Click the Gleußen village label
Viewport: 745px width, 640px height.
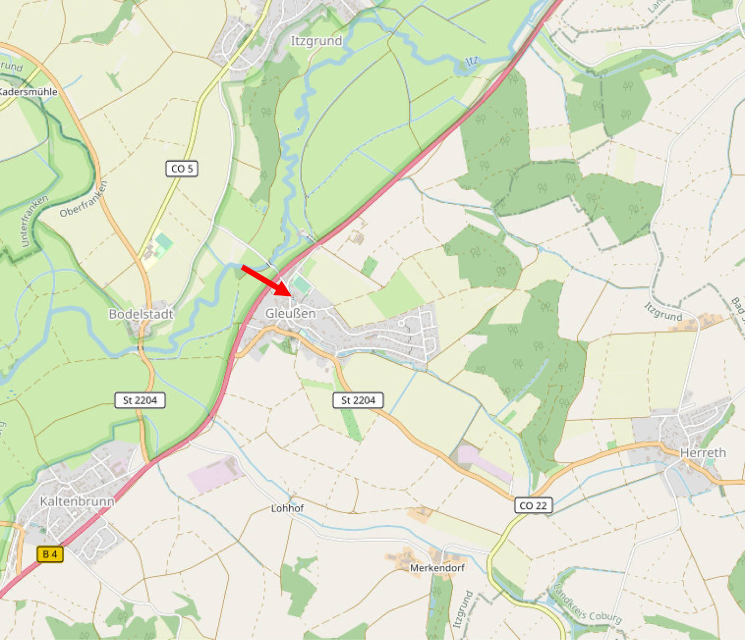click(x=290, y=313)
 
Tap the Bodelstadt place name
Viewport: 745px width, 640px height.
click(x=141, y=314)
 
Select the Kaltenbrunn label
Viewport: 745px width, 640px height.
click(x=77, y=501)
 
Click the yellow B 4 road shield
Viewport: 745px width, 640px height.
click(x=50, y=554)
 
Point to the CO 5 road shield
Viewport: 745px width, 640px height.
click(x=181, y=169)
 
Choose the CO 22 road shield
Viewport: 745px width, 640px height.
click(x=533, y=505)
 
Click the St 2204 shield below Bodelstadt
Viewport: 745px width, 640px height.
click(x=140, y=400)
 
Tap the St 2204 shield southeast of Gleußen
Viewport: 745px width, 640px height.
click(x=358, y=400)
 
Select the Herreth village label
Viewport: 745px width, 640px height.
click(x=703, y=452)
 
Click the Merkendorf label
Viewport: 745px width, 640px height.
click(x=437, y=568)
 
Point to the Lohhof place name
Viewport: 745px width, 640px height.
click(x=287, y=508)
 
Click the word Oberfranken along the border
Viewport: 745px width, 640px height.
click(x=84, y=199)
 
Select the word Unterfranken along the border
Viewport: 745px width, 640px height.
click(x=34, y=221)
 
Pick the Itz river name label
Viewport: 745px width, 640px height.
click(x=471, y=61)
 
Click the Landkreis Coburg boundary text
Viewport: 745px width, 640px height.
click(x=587, y=604)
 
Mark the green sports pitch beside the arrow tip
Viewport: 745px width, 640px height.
click(x=301, y=285)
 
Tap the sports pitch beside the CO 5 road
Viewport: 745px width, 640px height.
click(x=164, y=242)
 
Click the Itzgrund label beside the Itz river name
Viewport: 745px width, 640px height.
click(x=316, y=41)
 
